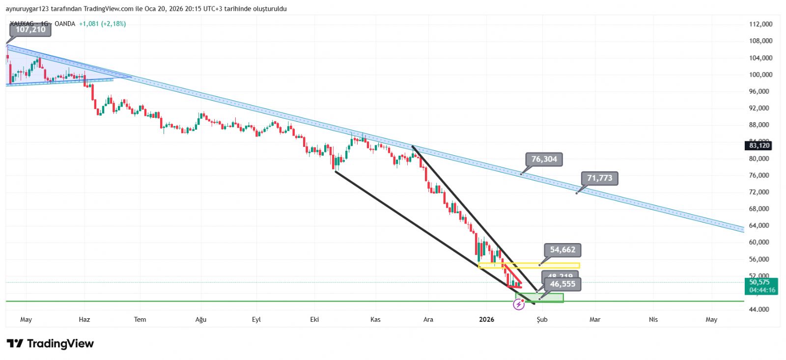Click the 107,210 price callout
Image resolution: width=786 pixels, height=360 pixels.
pyautogui.click(x=30, y=29)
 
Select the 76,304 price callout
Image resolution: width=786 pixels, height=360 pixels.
pyautogui.click(x=544, y=159)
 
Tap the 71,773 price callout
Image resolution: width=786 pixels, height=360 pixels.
pyautogui.click(x=599, y=178)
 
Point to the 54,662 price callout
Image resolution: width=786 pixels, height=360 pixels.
pyautogui.click(x=562, y=250)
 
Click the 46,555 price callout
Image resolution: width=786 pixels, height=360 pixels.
pyautogui.click(x=562, y=284)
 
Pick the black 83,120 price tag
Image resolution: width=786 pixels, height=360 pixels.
pyautogui.click(x=759, y=145)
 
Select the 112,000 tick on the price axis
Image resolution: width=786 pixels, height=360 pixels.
pyautogui.click(x=760, y=24)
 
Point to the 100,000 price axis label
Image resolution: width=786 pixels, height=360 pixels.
pyautogui.click(x=760, y=75)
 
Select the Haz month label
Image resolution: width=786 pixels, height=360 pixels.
pyautogui.click(x=84, y=320)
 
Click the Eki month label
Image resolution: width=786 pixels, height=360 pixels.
pyautogui.click(x=314, y=320)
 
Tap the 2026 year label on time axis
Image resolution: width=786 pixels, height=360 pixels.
pyautogui.click(x=486, y=320)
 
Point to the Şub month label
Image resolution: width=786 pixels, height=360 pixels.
pyautogui.click(x=542, y=320)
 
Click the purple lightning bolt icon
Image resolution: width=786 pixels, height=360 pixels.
pyautogui.click(x=519, y=305)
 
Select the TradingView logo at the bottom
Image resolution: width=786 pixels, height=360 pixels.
pyautogui.click(x=50, y=344)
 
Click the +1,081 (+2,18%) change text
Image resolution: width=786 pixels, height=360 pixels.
pyautogui.click(x=102, y=24)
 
